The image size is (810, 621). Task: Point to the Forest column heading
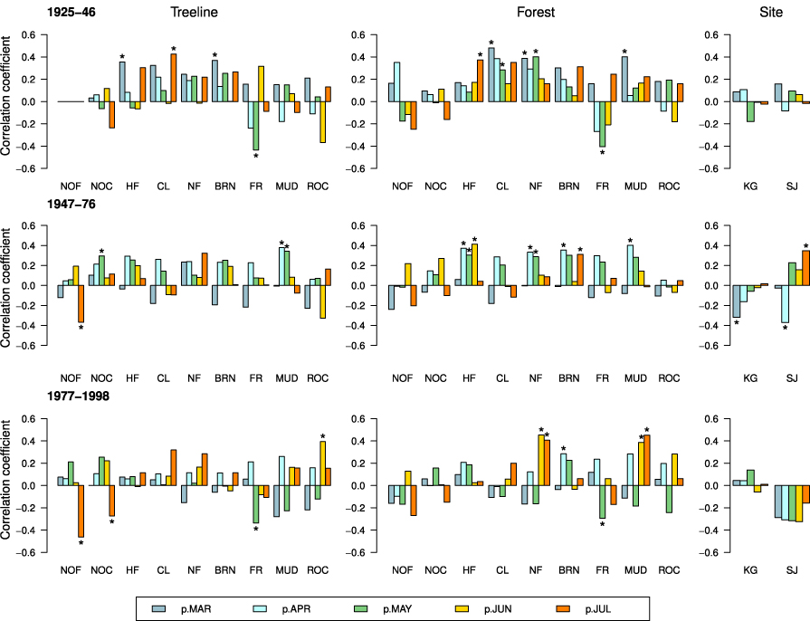pyautogui.click(x=536, y=13)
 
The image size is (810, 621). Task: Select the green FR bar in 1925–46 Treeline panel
pyautogui.click(x=256, y=125)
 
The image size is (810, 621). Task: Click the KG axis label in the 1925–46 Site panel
pyautogui.click(x=750, y=186)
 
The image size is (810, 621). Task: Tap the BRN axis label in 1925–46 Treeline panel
pyautogui.click(x=224, y=186)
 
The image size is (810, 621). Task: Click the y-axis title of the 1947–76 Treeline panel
pyautogui.click(x=8, y=284)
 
